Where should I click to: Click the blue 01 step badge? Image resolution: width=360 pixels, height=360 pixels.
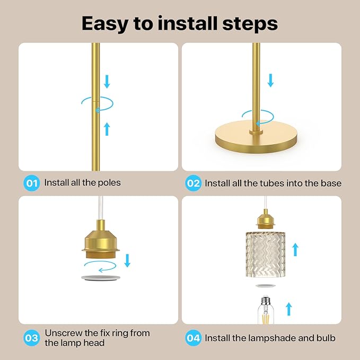[x=32, y=183]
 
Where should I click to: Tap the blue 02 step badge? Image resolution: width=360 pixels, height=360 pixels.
[x=194, y=183]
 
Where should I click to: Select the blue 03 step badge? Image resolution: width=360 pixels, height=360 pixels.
[x=32, y=338]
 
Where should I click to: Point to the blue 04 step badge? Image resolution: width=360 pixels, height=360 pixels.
[x=194, y=338]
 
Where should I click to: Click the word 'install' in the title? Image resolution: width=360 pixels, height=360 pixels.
[x=188, y=23]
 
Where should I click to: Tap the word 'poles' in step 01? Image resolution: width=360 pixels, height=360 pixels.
[x=109, y=183]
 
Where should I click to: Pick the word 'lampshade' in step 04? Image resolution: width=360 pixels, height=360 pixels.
[x=272, y=338]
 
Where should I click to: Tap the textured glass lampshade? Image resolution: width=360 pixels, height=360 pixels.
[x=266, y=254]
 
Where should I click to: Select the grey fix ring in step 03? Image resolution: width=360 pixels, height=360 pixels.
[x=101, y=278]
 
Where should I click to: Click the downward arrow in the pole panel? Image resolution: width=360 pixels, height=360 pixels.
[x=107, y=82]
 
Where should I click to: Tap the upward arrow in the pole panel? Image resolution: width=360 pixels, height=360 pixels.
[x=107, y=129]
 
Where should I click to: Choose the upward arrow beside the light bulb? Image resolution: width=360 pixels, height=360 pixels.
[x=289, y=309]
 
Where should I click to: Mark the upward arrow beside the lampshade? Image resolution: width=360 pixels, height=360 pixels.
[x=295, y=250]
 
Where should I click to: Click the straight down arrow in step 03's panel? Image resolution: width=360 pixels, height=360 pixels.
[x=127, y=260]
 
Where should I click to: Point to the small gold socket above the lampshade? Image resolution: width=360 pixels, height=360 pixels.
[x=266, y=219]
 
